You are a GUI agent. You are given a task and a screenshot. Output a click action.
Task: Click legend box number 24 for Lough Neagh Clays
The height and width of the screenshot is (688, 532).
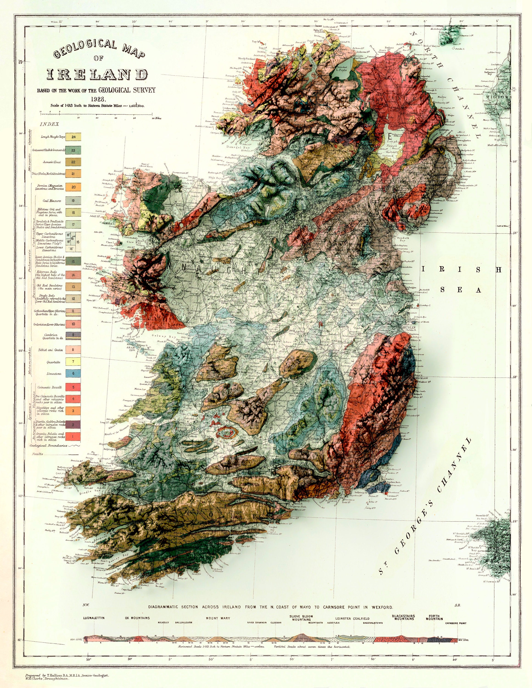click(73, 137)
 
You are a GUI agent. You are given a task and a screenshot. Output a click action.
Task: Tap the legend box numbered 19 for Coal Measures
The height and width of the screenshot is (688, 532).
click(73, 201)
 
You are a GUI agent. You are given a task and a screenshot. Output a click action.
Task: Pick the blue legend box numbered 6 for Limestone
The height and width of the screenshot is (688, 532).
click(73, 374)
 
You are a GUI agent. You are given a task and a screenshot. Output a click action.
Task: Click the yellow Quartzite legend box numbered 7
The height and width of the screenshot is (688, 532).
click(73, 362)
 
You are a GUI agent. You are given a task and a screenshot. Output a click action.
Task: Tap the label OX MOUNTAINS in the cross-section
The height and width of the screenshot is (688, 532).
click(137, 618)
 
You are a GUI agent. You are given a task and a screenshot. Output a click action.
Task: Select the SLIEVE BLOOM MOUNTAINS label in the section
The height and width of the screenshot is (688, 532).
click(301, 618)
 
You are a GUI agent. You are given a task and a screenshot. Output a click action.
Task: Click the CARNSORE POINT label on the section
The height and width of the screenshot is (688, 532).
click(455, 623)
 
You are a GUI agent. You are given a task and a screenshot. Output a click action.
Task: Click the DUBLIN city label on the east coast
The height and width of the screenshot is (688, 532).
click(409, 328)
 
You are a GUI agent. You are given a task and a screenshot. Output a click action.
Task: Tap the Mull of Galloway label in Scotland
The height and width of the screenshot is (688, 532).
click(497, 145)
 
